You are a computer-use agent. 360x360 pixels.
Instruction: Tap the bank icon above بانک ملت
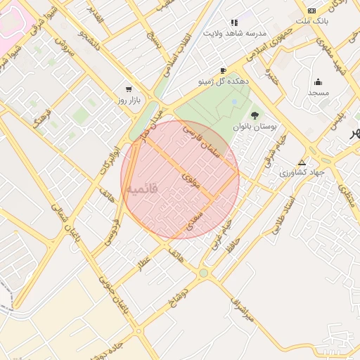click(311, 11)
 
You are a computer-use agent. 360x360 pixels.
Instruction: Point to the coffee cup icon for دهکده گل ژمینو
click(224, 70)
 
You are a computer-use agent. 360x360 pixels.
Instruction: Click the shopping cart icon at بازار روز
click(128, 89)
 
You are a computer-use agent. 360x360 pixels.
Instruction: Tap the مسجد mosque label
click(318, 93)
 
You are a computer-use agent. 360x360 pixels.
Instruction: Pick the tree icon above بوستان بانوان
click(255, 115)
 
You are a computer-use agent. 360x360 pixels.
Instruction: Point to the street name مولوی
click(191, 179)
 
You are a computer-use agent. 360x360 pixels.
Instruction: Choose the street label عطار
click(144, 264)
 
